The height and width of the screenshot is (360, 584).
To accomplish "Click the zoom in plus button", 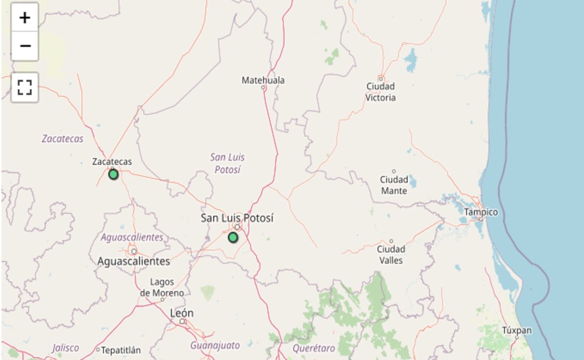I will click(x=25, y=18).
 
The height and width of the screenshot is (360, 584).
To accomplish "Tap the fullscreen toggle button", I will click(x=25, y=88).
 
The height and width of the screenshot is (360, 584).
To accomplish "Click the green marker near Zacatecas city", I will click(x=113, y=174).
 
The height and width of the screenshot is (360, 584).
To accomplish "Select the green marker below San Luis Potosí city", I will click(x=233, y=237).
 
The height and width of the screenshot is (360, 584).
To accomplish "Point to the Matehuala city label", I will click(x=263, y=80).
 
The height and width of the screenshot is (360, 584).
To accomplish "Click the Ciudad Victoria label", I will click(x=381, y=92).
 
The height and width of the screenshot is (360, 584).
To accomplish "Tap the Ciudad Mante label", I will click(x=394, y=185).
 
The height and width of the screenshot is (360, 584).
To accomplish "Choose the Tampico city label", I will click(x=481, y=212).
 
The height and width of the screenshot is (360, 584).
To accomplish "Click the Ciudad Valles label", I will click(x=391, y=255).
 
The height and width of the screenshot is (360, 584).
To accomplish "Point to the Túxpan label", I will click(x=517, y=331).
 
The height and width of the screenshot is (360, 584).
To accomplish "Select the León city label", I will click(x=182, y=313).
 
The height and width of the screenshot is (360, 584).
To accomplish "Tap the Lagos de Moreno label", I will click(x=162, y=288).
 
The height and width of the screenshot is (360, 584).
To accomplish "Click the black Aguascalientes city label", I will click(x=134, y=261).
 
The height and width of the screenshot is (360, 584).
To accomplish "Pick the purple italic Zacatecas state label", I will click(x=62, y=139).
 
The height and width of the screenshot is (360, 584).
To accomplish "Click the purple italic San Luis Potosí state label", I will click(x=227, y=163).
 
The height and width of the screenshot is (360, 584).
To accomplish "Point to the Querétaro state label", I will click(x=314, y=348).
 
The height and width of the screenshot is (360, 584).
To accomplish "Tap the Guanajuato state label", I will click(x=215, y=345).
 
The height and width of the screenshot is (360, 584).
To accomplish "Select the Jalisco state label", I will click(x=65, y=348).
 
